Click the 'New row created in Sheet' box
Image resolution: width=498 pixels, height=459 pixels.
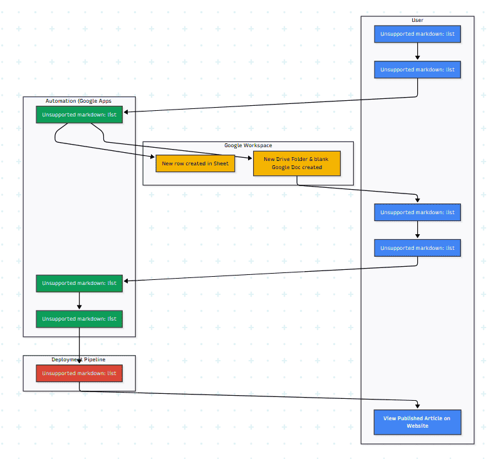[x=195, y=163]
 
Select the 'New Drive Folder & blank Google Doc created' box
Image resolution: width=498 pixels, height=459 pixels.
[x=296, y=163]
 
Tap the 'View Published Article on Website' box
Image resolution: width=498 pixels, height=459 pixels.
[x=417, y=422]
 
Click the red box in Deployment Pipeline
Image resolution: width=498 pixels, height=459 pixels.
[x=79, y=373]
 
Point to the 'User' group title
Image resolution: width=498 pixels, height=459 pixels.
[x=417, y=21]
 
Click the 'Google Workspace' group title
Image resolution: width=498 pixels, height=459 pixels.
[x=248, y=146]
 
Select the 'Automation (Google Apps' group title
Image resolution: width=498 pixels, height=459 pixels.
[x=79, y=101]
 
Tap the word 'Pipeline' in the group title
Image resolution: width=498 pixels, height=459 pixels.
[x=93, y=359]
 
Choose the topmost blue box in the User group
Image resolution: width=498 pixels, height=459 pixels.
[x=417, y=34]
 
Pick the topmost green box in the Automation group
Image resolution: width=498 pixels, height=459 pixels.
[x=79, y=115]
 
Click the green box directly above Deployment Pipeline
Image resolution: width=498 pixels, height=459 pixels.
[x=79, y=319]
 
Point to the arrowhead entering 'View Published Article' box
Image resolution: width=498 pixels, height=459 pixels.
[x=417, y=406]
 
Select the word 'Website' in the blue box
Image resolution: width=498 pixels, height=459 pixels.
[x=417, y=426]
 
